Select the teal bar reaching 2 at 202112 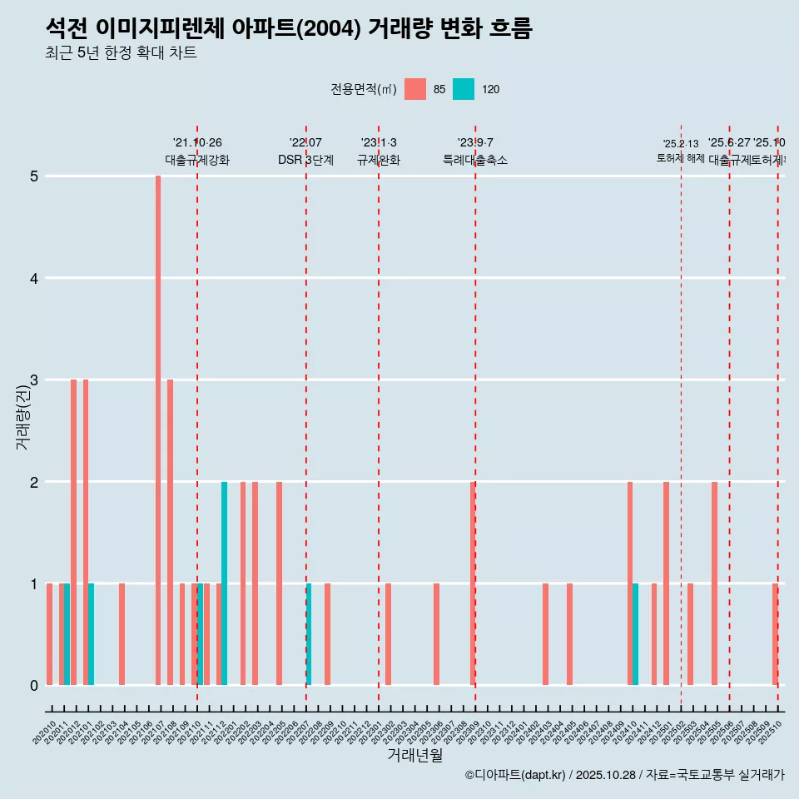point(224,583)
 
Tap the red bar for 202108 point(170,532)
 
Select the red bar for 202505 point(714,583)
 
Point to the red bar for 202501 point(666,583)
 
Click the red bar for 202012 point(73,532)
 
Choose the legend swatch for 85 point(414,89)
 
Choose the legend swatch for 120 point(464,89)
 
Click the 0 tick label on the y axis point(34,686)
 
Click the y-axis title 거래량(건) point(22,416)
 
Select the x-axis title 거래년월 point(414,755)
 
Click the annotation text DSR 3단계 point(305,160)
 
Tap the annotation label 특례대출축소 point(474,160)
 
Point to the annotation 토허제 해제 point(680,158)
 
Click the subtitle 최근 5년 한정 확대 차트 point(121,53)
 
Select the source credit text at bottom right point(624,775)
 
